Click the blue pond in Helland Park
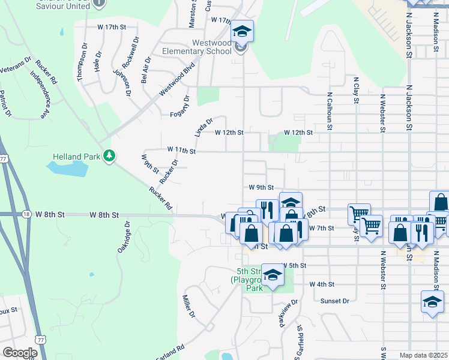click(67, 170)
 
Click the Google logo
click(20, 353)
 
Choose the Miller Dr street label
click(188, 306)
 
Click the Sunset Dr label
click(334, 301)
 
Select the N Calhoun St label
click(330, 111)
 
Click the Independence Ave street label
click(40, 94)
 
